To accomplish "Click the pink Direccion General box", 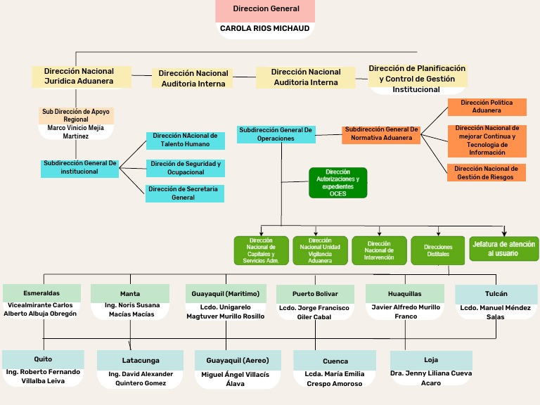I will click(x=265, y=10).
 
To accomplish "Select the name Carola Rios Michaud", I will click(x=265, y=29).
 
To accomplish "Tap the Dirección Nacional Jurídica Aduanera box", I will click(x=82, y=77).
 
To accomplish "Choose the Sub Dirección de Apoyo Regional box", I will click(x=76, y=115).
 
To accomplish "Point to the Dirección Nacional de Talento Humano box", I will click(x=185, y=140).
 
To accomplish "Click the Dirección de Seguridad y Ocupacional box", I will click(x=185, y=168).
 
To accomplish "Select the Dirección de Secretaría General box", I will click(x=185, y=193).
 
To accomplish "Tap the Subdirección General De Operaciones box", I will click(x=276, y=134).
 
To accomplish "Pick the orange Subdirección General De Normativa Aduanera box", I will click(x=382, y=134).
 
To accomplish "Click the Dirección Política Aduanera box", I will click(x=487, y=107).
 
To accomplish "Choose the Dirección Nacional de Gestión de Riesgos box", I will click(x=487, y=173).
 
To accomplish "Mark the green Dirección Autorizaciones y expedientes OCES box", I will click(x=337, y=183).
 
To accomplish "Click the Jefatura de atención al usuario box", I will click(x=504, y=249).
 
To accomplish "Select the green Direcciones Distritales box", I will click(x=438, y=250).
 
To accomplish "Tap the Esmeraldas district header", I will click(x=41, y=293).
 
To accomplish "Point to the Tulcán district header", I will click(x=496, y=294).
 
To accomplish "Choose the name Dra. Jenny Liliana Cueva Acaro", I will click(x=432, y=378).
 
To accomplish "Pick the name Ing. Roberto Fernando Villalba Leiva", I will click(x=42, y=376).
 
